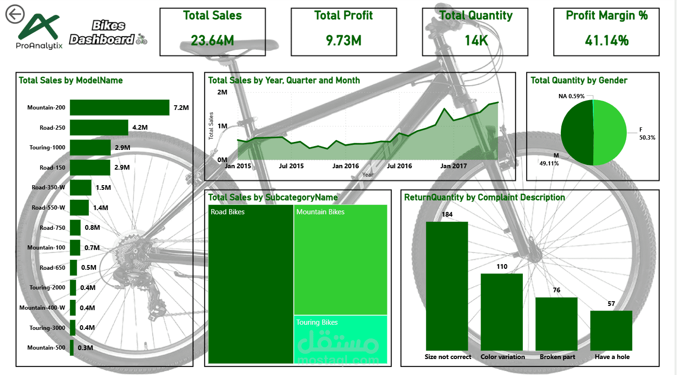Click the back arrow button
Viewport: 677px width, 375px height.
pyautogui.click(x=15, y=15)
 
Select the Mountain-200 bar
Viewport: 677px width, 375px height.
pyautogui.click(x=119, y=108)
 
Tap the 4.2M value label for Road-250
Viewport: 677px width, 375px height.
pyautogui.click(x=140, y=127)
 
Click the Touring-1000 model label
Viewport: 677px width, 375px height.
pyautogui.click(x=47, y=148)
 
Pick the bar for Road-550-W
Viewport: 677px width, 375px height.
pyautogui.click(x=79, y=207)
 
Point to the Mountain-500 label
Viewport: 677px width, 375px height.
pyautogui.click(x=46, y=348)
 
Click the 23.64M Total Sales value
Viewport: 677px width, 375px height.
pyautogui.click(x=213, y=41)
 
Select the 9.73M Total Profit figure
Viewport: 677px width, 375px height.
pyautogui.click(x=344, y=41)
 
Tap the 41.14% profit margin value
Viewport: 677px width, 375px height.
pyautogui.click(x=606, y=41)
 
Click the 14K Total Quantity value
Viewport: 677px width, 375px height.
pyautogui.click(x=476, y=41)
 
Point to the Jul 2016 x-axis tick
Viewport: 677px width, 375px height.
pyautogui.click(x=399, y=166)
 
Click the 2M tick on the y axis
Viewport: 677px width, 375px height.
pyautogui.click(x=221, y=92)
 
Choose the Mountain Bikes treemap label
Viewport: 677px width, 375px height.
pyautogui.click(x=320, y=212)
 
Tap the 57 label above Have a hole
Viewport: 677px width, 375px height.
pyautogui.click(x=611, y=304)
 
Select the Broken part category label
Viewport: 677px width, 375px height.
pyautogui.click(x=557, y=357)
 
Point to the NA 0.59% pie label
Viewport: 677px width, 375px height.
pyautogui.click(x=571, y=96)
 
